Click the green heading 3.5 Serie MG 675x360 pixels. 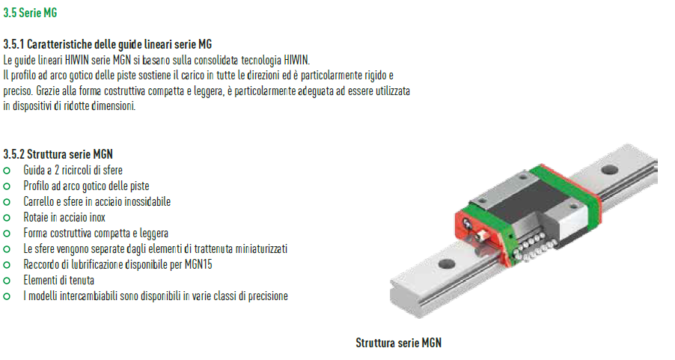point(30,13)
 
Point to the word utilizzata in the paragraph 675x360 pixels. point(391,91)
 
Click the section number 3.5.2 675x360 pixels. point(13,154)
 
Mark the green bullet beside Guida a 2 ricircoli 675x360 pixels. point(7,171)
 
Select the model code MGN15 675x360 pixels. point(198,264)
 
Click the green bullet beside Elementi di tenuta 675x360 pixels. point(7,281)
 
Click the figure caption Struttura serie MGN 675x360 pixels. point(399,344)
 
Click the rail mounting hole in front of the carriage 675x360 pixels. point(447,263)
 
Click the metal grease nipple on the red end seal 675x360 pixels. point(482,236)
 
